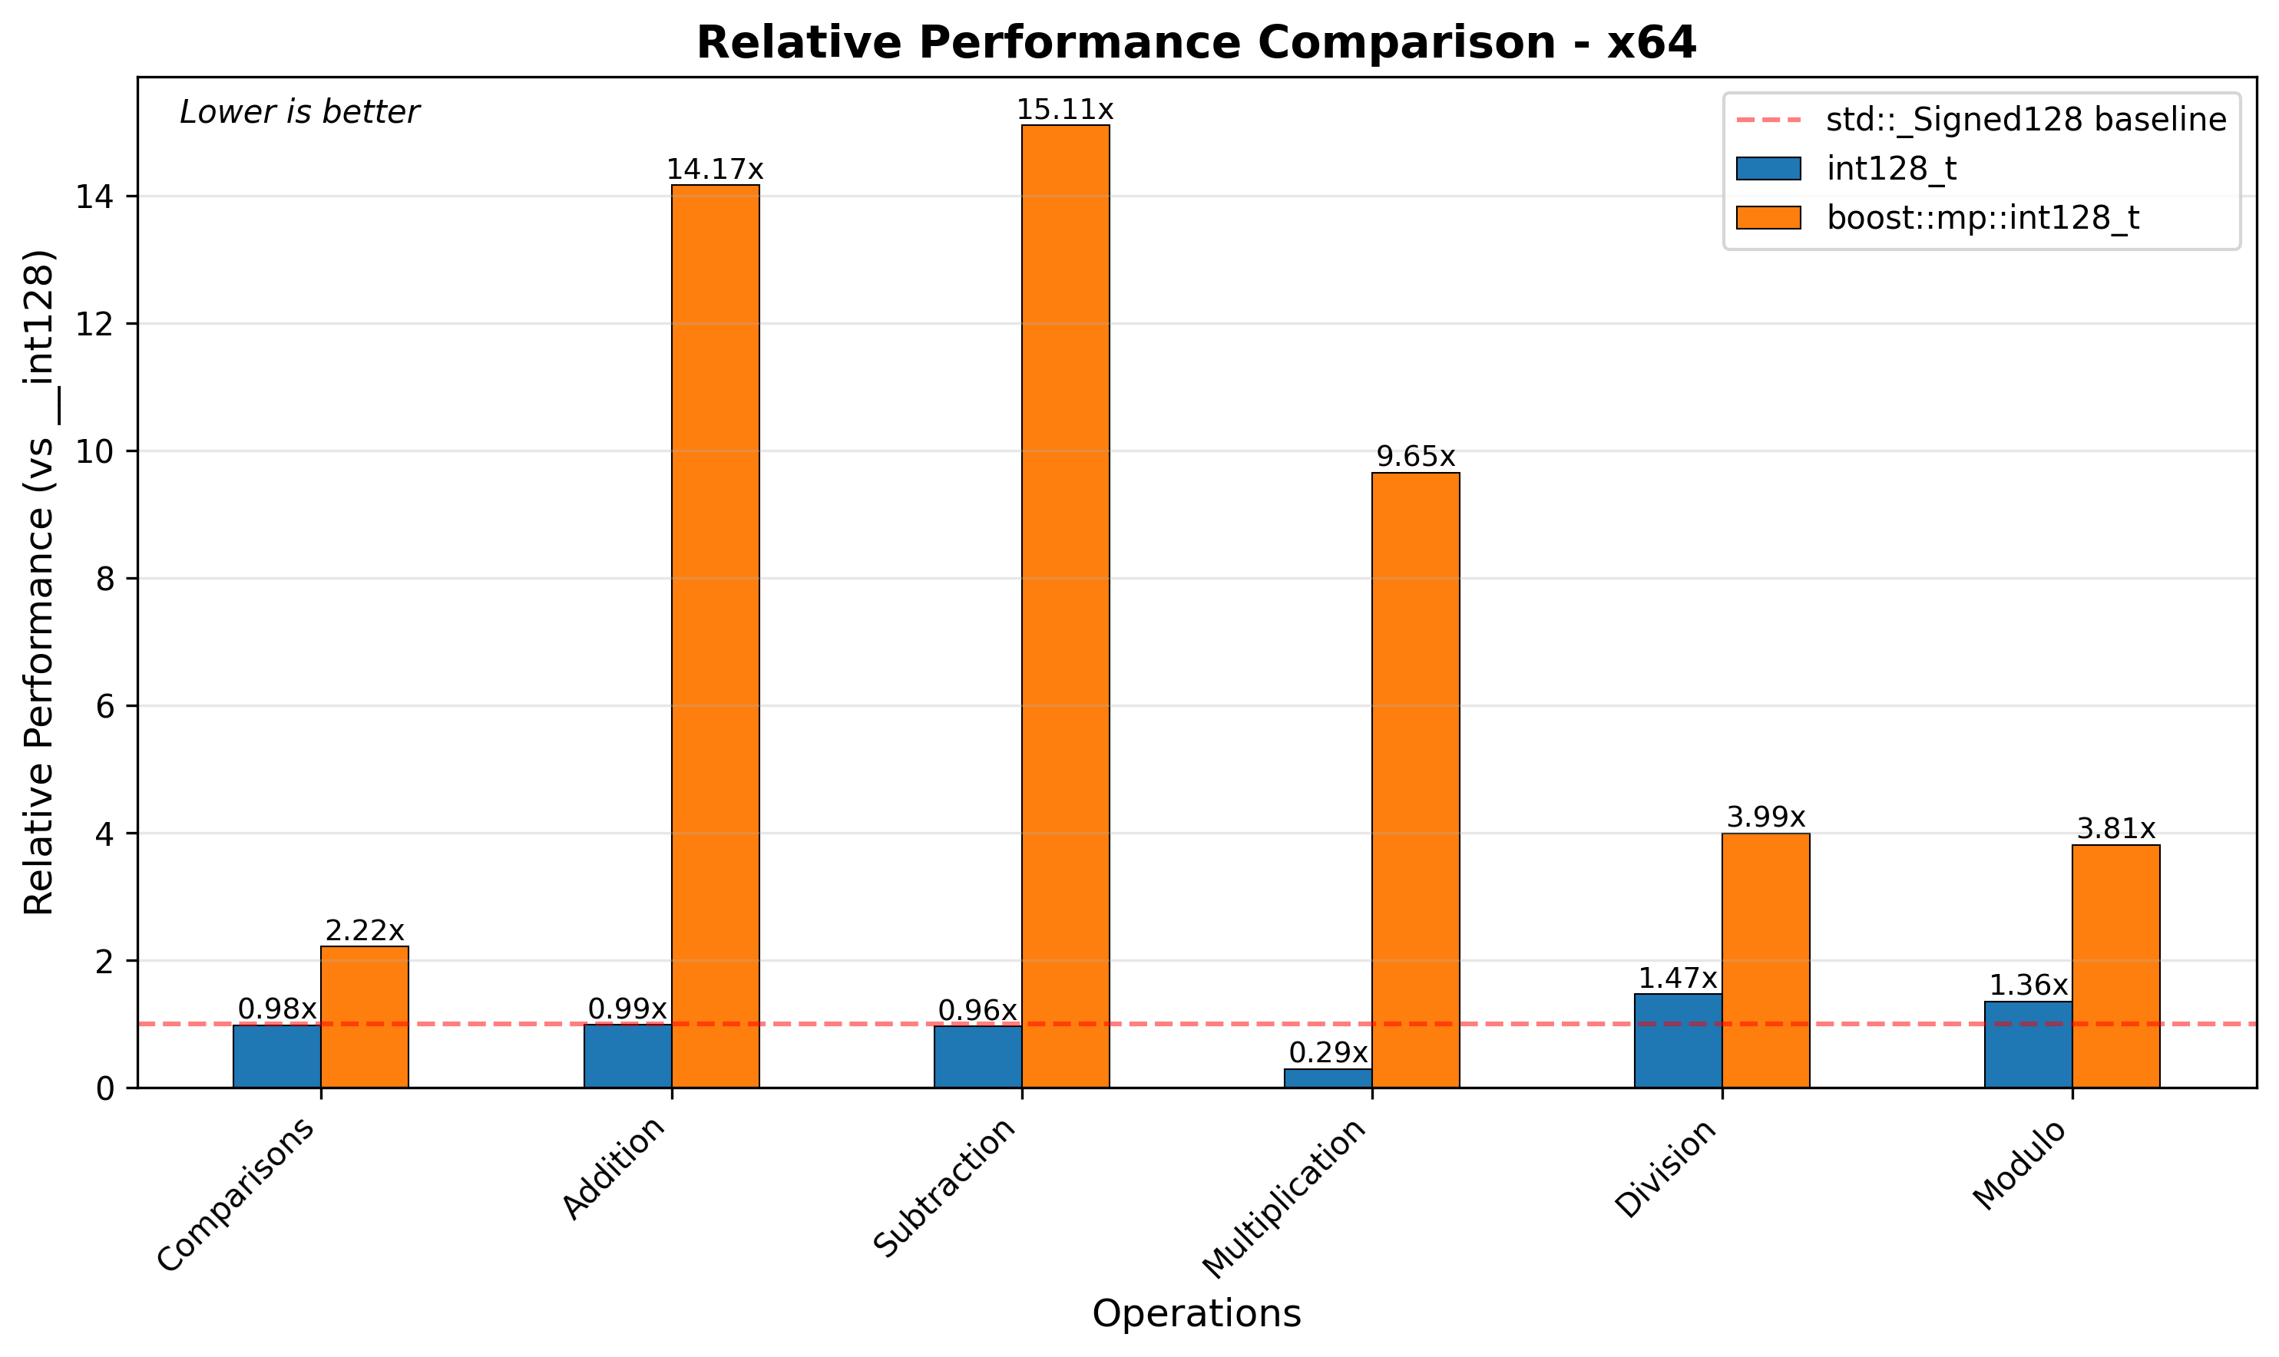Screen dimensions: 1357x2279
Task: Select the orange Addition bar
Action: tap(715, 636)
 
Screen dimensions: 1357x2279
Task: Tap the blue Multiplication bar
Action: tap(1328, 1078)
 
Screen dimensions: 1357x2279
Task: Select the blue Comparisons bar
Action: tap(276, 1056)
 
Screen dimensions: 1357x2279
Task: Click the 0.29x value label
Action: tap(1328, 1052)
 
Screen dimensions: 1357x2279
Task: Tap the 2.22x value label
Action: tap(364, 931)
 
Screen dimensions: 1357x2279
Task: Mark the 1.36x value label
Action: tap(2029, 985)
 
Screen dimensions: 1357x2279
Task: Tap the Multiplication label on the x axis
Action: tap(1285, 1198)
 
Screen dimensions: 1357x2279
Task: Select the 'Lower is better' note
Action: tap(299, 113)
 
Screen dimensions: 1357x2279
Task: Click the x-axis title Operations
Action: tap(1196, 1314)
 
